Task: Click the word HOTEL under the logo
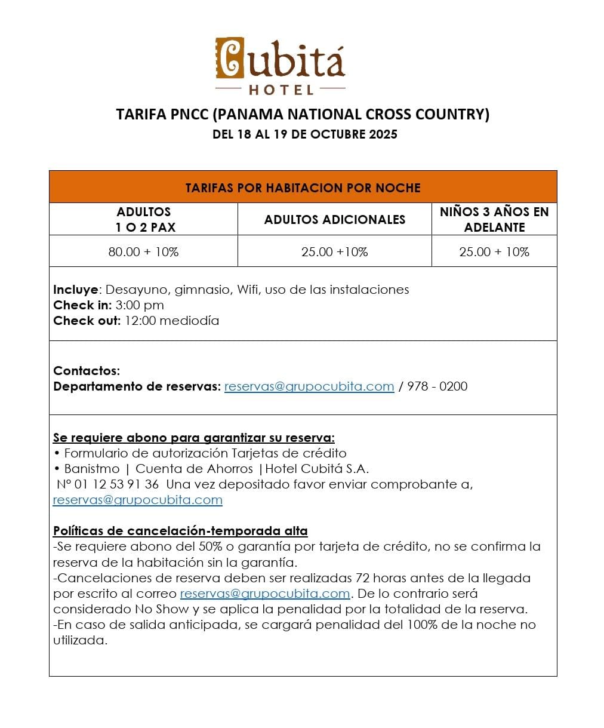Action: [281, 90]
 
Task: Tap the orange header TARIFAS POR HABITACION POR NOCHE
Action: [303, 188]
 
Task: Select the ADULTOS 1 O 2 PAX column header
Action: [144, 219]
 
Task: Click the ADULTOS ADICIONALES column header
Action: [335, 219]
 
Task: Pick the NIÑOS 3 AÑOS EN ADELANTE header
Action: [494, 219]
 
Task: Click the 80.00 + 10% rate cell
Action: [144, 251]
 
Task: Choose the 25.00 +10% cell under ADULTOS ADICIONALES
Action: [335, 251]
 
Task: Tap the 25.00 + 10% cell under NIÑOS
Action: [494, 251]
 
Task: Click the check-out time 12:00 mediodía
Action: [172, 321]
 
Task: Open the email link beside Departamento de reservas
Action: [309, 386]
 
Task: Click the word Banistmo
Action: [92, 469]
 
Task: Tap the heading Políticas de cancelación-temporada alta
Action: [180, 531]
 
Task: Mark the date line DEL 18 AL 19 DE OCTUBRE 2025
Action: [304, 134]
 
